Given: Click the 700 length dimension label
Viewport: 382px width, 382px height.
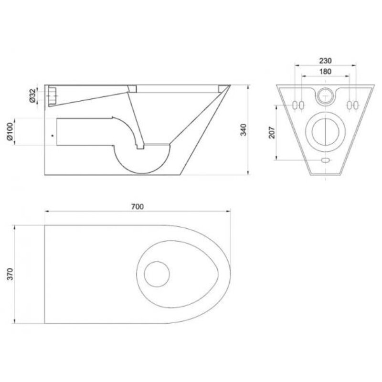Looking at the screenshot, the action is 138,207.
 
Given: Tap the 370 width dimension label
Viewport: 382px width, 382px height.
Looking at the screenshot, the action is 10,274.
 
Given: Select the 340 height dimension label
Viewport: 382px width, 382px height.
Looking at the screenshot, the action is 244,130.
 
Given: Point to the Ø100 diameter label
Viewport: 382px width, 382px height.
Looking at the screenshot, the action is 10,132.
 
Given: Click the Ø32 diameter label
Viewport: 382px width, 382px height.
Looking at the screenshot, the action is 33,95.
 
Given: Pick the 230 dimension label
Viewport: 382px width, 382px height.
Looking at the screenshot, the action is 326,61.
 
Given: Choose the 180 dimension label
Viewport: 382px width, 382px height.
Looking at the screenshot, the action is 326,71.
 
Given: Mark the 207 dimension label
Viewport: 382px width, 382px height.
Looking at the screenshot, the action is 272,133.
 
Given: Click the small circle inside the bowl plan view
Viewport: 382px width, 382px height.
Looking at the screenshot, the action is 157,274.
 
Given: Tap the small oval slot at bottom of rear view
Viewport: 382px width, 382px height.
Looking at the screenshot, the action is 326,160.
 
